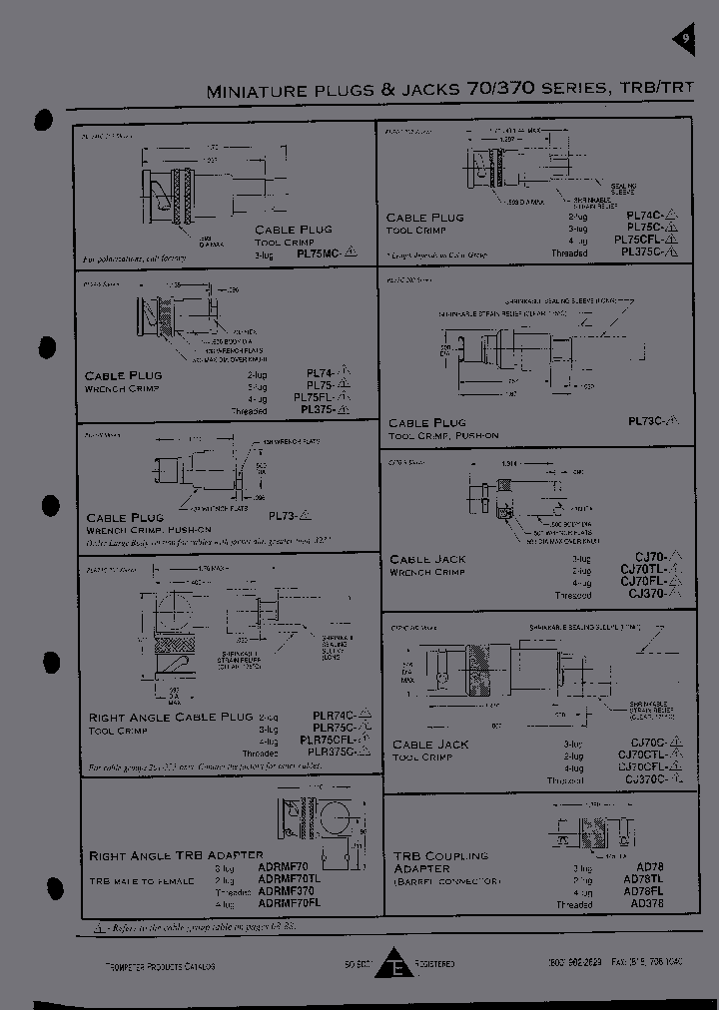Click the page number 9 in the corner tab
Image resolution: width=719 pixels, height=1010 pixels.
pyautogui.click(x=686, y=39)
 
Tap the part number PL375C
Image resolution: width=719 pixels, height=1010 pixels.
pyautogui.click(x=646, y=252)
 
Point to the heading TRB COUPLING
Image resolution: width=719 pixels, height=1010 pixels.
pyautogui.click(x=440, y=856)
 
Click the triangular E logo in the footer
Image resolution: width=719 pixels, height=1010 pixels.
pyautogui.click(x=399, y=966)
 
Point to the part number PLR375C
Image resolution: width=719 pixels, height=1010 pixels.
pyautogui.click(x=335, y=754)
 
